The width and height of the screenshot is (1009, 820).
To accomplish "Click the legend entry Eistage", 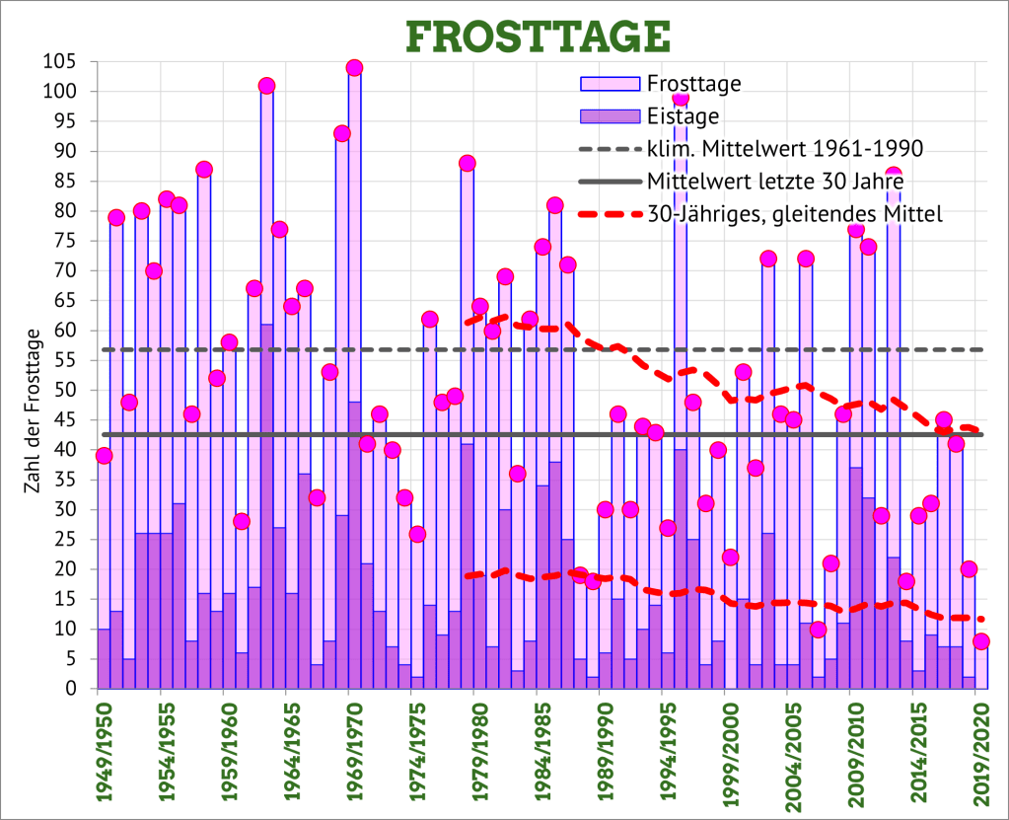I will point(683,116).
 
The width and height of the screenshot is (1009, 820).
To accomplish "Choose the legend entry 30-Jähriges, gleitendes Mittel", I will point(795,213).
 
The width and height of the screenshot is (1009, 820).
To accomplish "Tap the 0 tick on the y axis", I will point(71,689).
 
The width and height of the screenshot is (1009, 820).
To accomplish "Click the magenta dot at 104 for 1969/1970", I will point(354,68).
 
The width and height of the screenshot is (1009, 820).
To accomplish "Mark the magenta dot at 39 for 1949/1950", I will point(104,456).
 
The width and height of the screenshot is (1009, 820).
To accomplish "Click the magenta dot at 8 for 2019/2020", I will point(980,641).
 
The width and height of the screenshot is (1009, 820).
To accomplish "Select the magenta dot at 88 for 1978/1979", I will point(468,164).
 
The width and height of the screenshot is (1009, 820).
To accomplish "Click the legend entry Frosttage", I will point(693,84).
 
